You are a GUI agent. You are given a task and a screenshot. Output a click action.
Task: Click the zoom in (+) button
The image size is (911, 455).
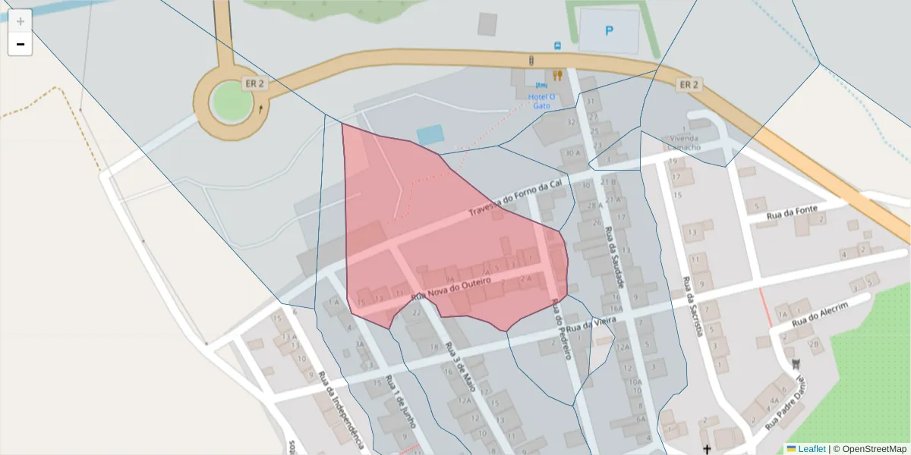tap(20, 21)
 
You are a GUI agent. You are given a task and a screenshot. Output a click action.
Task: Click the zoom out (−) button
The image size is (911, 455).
tap(20, 44)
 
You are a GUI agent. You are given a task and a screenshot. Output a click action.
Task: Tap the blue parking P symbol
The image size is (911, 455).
tap(608, 31)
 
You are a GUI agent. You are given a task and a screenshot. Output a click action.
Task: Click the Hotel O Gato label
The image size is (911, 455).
tap(541, 101)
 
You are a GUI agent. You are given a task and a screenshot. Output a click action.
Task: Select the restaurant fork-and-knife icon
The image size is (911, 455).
tap(557, 75)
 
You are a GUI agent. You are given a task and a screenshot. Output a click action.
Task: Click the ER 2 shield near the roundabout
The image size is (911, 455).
tap(255, 83)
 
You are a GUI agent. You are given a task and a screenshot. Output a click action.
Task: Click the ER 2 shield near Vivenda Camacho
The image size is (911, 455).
tap(688, 84)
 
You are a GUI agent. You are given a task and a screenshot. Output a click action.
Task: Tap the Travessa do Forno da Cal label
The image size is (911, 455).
tap(516, 198)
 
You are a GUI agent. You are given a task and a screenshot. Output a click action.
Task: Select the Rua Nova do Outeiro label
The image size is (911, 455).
tap(456, 288)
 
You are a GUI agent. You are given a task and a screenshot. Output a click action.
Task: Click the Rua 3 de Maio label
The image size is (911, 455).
tap(461, 367)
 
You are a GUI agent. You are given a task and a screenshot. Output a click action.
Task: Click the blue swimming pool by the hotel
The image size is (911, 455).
tap(430, 135)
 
